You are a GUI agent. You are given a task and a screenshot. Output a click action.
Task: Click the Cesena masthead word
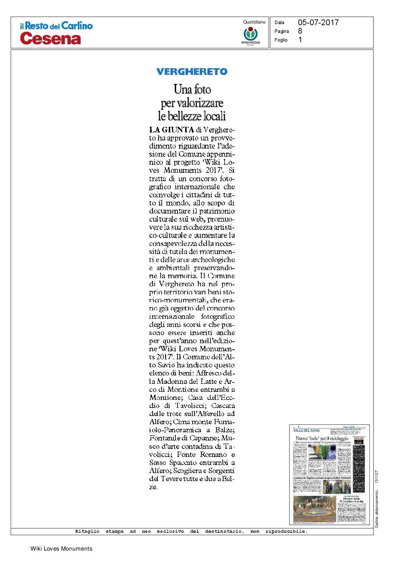click(x=50, y=38)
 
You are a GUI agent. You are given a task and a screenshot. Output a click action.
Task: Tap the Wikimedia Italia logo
click(x=250, y=35)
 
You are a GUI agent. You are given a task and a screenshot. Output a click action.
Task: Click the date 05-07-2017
click(x=318, y=22)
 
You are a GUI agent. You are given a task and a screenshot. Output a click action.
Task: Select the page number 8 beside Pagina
click(x=300, y=31)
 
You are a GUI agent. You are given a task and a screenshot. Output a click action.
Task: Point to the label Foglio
click(x=281, y=40)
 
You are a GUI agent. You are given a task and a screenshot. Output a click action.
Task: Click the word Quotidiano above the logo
click(x=254, y=22)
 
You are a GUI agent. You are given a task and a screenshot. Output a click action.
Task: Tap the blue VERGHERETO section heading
click(x=192, y=71)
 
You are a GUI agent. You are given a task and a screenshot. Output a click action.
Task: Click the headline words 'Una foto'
click(x=192, y=89)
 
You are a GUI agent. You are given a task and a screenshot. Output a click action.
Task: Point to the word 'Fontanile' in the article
click(x=164, y=438)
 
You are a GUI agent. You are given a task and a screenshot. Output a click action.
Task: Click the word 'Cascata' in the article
click(x=223, y=405)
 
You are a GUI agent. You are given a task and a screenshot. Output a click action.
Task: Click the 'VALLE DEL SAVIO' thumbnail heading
click(x=306, y=430)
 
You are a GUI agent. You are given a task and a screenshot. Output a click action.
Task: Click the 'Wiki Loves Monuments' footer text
click(x=61, y=549)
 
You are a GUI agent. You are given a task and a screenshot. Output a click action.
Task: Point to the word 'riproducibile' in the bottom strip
click(x=286, y=531)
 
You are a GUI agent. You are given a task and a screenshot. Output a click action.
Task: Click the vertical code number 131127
click(x=376, y=476)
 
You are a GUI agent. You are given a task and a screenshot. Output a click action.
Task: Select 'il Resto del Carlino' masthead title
click(x=56, y=26)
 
